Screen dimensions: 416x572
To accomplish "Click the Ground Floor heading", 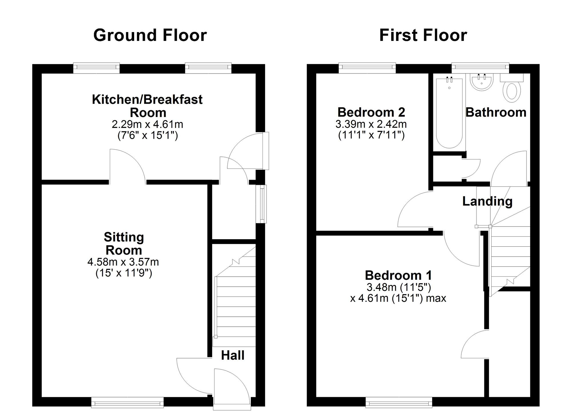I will click(150, 35).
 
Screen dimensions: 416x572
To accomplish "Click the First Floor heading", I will click(423, 35).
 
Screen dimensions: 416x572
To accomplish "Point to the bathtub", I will click(449, 113).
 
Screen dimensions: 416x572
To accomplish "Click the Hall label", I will click(233, 355).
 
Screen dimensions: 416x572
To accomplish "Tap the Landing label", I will click(487, 201).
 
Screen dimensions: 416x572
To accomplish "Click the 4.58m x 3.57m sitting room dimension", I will click(123, 262).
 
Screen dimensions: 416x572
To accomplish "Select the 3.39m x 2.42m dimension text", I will click(371, 124).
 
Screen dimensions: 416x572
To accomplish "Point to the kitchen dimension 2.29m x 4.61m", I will click(147, 124).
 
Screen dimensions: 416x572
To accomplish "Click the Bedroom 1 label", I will click(398, 275).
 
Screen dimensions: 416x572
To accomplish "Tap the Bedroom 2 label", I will click(371, 112).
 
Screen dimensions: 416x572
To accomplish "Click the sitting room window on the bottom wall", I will click(127, 403).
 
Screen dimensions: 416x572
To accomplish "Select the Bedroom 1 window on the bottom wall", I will click(399, 403).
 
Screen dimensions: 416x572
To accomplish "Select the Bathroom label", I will click(496, 112).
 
